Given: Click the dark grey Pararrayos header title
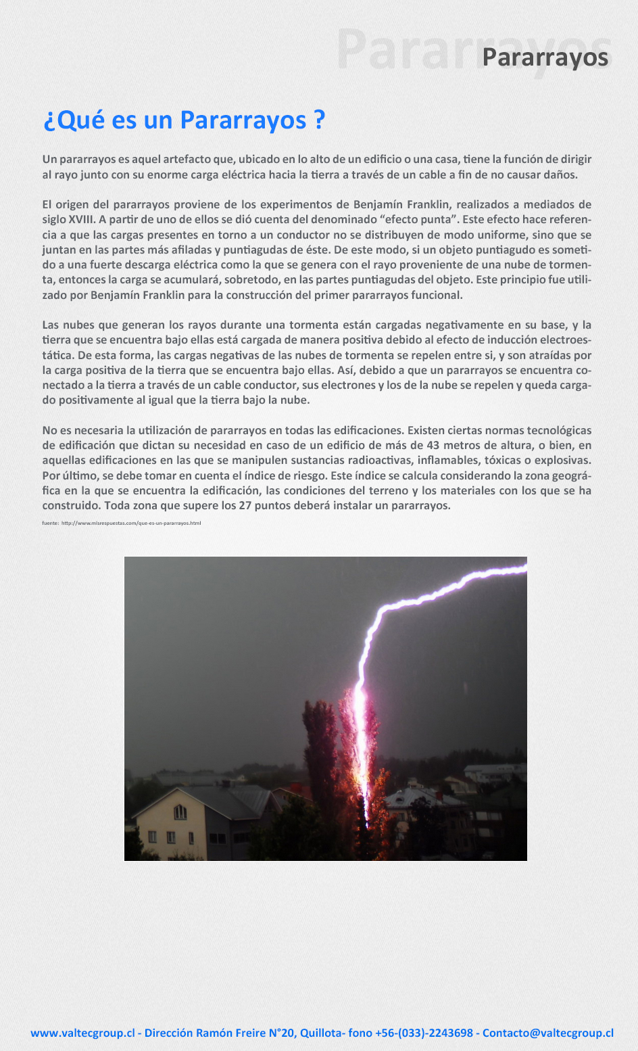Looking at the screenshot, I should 545,58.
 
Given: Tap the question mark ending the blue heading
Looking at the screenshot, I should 320,120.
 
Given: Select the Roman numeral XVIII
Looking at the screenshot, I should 81,220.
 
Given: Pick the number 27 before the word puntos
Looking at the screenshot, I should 245,505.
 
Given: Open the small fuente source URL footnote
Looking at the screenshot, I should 122,523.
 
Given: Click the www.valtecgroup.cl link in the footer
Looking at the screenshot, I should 82,1033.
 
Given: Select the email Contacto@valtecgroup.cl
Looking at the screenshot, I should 547,1033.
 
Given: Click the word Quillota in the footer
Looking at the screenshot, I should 321,1033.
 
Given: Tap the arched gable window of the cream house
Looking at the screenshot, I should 180,812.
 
